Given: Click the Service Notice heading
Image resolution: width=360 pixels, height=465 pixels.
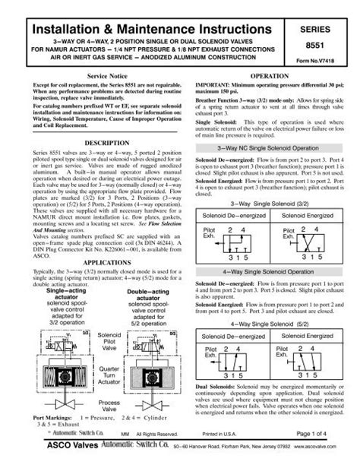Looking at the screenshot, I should pos(112,78).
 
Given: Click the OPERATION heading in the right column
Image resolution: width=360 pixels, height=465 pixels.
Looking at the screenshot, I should pos(268,78).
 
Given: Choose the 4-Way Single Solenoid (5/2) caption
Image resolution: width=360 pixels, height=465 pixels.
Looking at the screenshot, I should pos(267,324).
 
